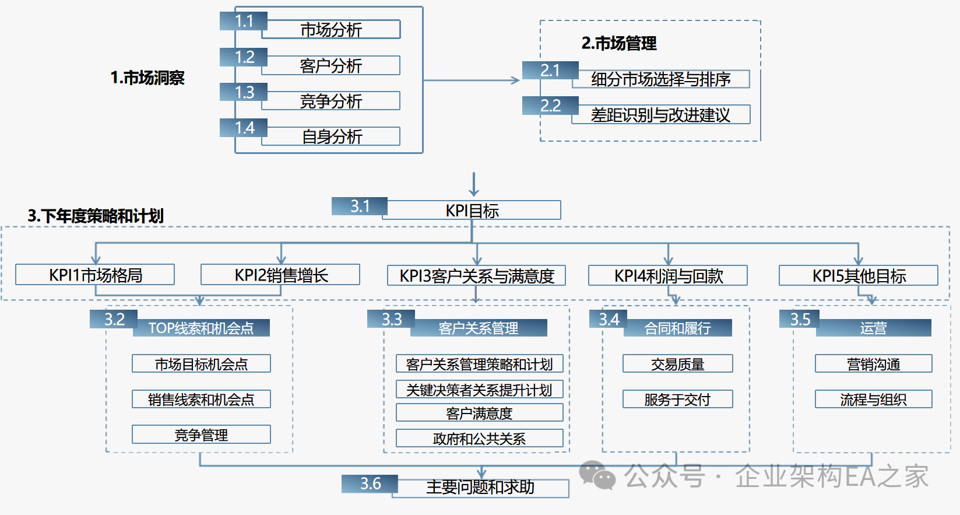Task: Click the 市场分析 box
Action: pyautogui.click(x=331, y=30)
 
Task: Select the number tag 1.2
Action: pyautogui.click(x=244, y=57)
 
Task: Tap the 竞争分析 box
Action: pyautogui.click(x=331, y=101)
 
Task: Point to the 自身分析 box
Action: pyautogui.click(x=331, y=136)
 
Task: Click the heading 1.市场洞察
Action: pyautogui.click(x=147, y=78)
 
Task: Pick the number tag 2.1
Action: pyautogui.click(x=550, y=71)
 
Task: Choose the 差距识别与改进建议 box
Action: pyautogui.click(x=660, y=115)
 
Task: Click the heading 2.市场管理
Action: pyautogui.click(x=619, y=43)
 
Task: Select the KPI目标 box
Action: pyautogui.click(x=472, y=211)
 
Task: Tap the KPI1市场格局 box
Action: pyautogui.click(x=95, y=275)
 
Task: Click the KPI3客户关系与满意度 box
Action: pyautogui.click(x=476, y=276)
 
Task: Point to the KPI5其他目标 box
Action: pyautogui.click(x=859, y=276)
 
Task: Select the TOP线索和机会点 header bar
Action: pyautogui.click(x=201, y=328)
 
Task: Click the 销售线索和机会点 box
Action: pyautogui.click(x=201, y=400)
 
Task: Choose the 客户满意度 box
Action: pyautogui.click(x=479, y=413)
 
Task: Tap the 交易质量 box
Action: pyautogui.click(x=677, y=364)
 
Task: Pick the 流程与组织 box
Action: pyautogui.click(x=873, y=400)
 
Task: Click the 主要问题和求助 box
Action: pyautogui.click(x=480, y=487)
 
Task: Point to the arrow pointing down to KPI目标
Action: pyautogui.click(x=474, y=185)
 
